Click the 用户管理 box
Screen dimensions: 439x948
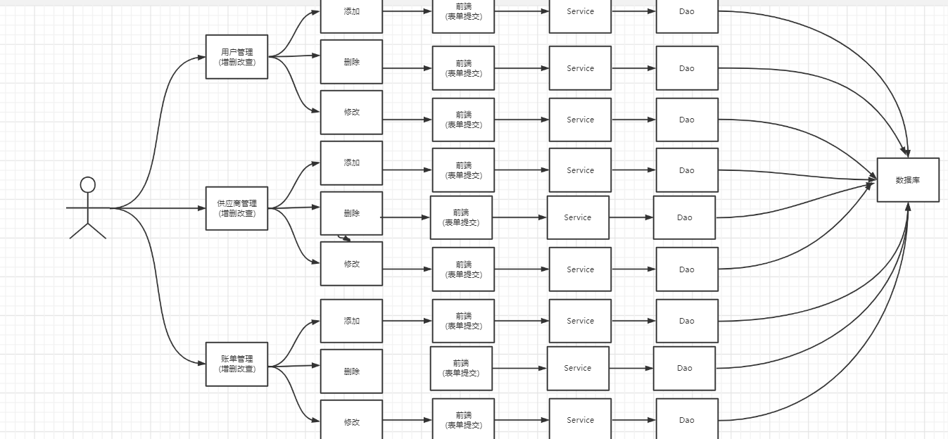[236, 57]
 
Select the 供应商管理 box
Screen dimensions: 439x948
[236, 208]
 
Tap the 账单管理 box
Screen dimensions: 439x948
[236, 364]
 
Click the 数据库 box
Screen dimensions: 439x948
[908, 180]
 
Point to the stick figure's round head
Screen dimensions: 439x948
[88, 185]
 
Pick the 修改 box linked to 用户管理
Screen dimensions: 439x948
[351, 113]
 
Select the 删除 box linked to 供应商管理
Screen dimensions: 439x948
[351, 213]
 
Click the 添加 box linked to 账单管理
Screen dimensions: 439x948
[351, 321]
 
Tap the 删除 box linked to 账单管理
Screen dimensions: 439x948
[351, 371]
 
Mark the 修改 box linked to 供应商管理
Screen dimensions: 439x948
[351, 264]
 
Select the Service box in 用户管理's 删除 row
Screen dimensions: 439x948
[580, 68]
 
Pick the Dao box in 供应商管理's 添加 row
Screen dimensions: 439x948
[687, 170]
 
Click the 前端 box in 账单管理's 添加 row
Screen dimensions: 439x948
[463, 321]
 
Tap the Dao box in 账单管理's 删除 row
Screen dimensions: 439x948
[684, 368]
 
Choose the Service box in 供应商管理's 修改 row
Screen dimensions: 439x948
[580, 269]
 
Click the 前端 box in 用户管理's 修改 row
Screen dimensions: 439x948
[463, 120]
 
